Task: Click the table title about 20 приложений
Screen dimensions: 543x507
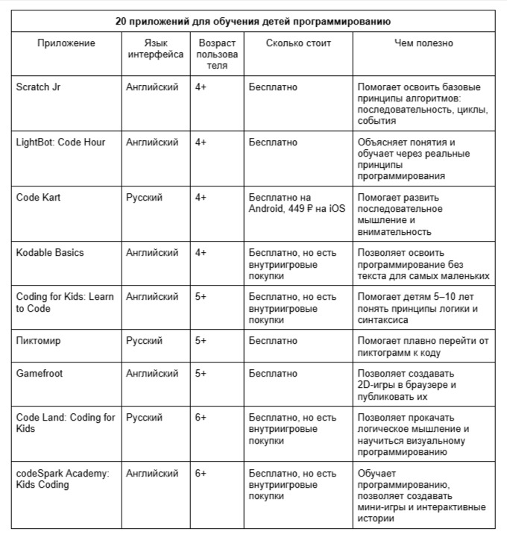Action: pyautogui.click(x=253, y=21)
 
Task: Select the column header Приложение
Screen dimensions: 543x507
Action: pyautogui.click(x=66, y=43)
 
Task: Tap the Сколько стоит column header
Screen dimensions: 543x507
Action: pyautogui.click(x=298, y=43)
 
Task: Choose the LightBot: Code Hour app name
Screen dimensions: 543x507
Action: pyautogui.click(x=60, y=142)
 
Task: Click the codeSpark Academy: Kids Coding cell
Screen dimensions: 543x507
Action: pyautogui.click(x=62, y=479)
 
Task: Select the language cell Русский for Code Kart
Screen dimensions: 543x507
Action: pyautogui.click(x=145, y=198)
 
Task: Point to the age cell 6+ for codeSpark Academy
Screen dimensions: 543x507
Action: pyautogui.click(x=201, y=474)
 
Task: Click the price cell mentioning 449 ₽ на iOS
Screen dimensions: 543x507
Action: pyautogui.click(x=297, y=203)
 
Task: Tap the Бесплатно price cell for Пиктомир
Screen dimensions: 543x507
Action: pyautogui.click(x=273, y=341)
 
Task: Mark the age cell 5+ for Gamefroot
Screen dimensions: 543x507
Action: pyautogui.click(x=201, y=374)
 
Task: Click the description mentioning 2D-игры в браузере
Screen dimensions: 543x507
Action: pyautogui.click(x=406, y=385)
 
